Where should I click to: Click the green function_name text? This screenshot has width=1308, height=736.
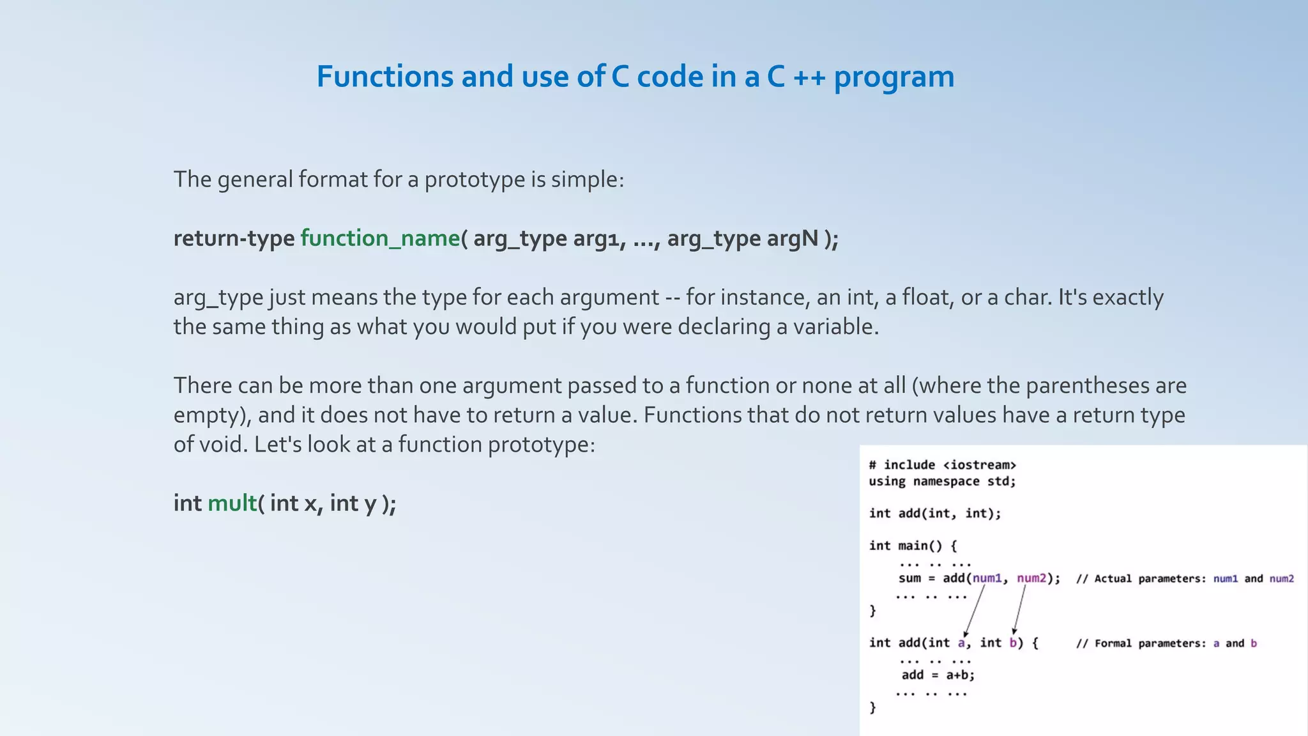pyautogui.click(x=380, y=238)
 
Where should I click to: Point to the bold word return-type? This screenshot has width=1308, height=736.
pyautogui.click(x=234, y=238)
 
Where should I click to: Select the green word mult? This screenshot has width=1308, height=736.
pyautogui.click(x=232, y=503)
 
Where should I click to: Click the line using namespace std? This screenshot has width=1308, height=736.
pyautogui.click(x=941, y=481)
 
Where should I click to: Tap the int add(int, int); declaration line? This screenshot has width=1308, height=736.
pyautogui.click(x=934, y=513)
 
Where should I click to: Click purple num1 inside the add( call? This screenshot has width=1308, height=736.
pyautogui.click(x=987, y=578)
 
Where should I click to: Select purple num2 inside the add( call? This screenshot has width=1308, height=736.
pyautogui.click(x=1031, y=578)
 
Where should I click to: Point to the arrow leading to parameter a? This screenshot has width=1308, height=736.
pyautogui.click(x=974, y=610)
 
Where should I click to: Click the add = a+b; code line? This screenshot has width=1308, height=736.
pyautogui.click(x=938, y=675)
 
